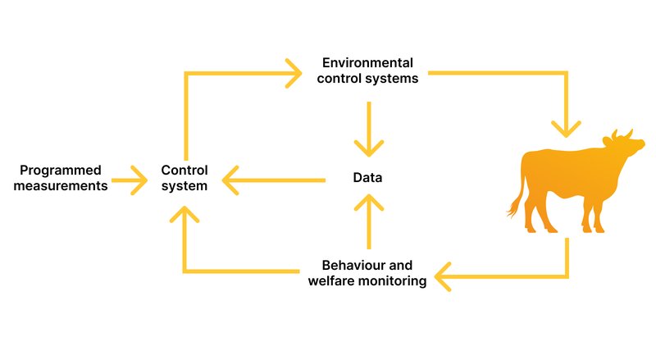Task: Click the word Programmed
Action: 61,171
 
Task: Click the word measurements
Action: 64,186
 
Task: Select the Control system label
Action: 184,178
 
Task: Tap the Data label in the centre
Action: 367,178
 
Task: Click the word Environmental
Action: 367,63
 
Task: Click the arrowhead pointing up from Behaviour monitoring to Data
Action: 369,202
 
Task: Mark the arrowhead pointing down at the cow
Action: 566,127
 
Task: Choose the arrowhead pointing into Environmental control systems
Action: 294,74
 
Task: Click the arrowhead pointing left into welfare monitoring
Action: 444,276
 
